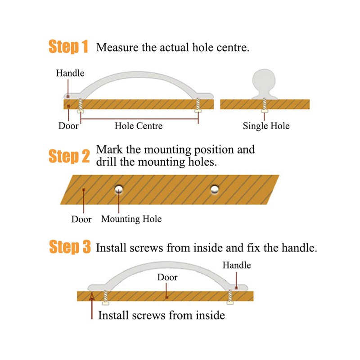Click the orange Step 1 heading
tap(68, 47)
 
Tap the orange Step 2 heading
tap(69, 156)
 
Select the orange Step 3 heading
tap(70, 247)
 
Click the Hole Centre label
tap(139, 126)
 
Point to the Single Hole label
tap(266, 126)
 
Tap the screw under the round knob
tap(265, 105)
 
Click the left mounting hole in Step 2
tap(119, 189)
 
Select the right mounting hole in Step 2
tap(215, 189)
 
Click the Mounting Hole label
tap(131, 219)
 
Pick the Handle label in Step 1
tap(70, 73)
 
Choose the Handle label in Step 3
tap(237, 265)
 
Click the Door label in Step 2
tap(81, 219)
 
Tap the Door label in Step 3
tap(167, 277)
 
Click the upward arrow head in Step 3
tap(92, 297)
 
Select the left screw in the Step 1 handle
tap(81, 106)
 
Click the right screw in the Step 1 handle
tap(198, 105)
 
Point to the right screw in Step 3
tap(230, 297)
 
